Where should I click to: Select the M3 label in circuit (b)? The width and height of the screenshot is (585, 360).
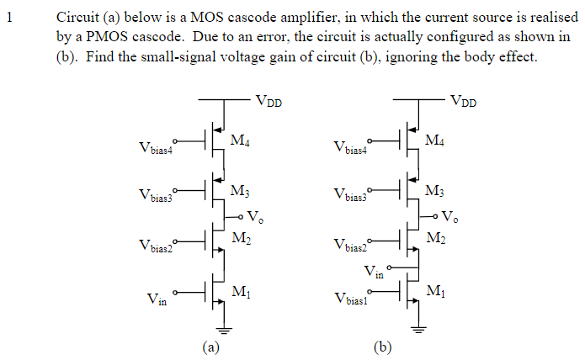[435, 190]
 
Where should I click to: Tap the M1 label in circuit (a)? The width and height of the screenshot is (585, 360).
[240, 292]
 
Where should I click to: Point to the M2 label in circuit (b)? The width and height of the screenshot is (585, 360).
[435, 240]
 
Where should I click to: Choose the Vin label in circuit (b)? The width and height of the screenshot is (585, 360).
[374, 271]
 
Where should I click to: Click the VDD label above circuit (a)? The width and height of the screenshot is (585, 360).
[269, 102]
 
